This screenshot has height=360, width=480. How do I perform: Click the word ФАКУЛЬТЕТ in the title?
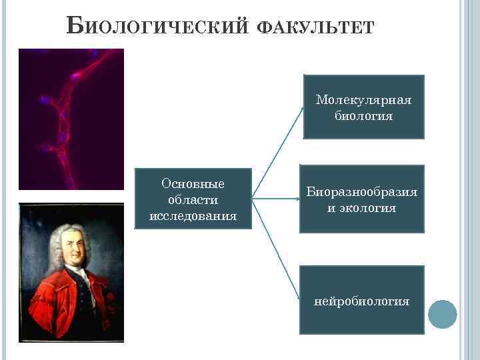coord(316,29)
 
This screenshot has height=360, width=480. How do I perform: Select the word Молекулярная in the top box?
coord(363,100)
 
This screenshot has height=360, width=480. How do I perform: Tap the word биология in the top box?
coord(363,116)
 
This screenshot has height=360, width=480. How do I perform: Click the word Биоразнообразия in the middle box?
coord(362,192)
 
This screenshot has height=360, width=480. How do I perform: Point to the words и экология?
coord(361,208)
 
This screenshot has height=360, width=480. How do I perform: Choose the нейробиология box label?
coord(362,301)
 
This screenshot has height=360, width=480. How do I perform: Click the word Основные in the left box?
coord(193,184)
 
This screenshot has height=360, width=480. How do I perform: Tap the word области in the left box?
coord(193,200)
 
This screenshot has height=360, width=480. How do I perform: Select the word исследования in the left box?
coord(193,216)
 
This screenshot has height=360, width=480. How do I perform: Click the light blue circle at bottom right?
coord(442,314)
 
